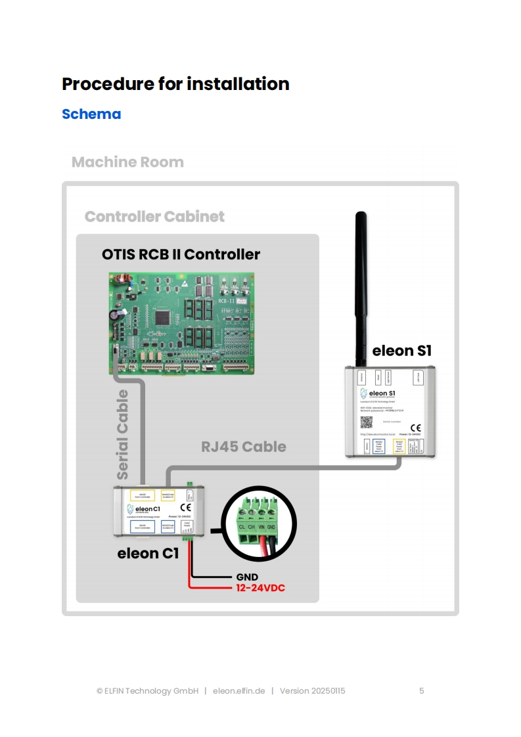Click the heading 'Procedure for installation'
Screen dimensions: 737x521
[175, 84]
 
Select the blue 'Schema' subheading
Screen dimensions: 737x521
[91, 114]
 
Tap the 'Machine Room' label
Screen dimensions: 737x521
[127, 162]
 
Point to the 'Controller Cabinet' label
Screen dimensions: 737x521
[154, 217]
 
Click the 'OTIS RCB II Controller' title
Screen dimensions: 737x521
[181, 254]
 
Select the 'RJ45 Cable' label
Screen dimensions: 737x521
[243, 447]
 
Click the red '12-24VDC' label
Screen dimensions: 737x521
[261, 588]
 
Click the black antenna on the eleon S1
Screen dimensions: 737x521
[360, 289]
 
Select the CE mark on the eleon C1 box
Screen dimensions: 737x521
[185, 507]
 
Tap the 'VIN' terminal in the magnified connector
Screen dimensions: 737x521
[261, 526]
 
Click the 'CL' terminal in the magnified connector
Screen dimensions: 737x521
[242, 526]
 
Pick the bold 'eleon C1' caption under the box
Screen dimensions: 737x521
[148, 554]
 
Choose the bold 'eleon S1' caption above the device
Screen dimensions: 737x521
[402, 351]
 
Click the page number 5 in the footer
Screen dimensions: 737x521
[422, 691]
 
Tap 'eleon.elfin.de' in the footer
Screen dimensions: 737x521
[239, 691]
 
